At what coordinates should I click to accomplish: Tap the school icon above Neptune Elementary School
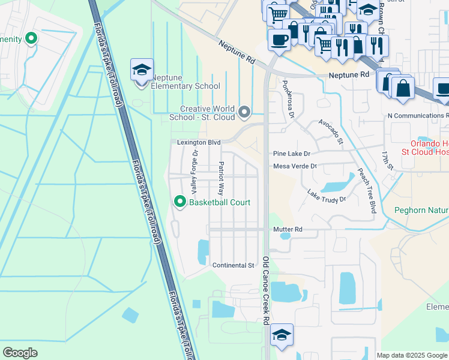[142, 70]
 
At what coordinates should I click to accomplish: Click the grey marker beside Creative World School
[244, 112]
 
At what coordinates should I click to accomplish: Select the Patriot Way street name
[221, 179]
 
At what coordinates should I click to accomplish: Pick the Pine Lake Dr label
[291, 154]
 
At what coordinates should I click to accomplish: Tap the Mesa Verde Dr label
[294, 166]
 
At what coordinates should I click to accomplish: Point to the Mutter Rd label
[288, 229]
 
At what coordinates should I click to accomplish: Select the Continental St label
[234, 265]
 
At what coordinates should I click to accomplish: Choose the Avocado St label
[331, 131]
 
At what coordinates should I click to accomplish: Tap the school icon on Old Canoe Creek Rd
[282, 334]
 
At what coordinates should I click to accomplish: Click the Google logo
[20, 353]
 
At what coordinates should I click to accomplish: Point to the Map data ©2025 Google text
[411, 355]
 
